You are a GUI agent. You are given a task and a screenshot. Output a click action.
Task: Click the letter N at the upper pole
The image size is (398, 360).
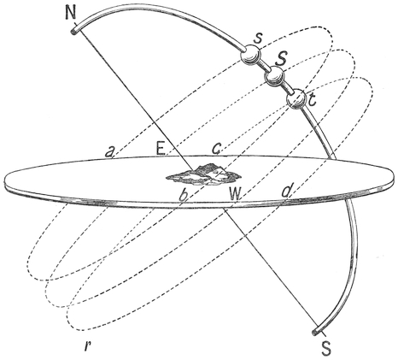tap(71, 12)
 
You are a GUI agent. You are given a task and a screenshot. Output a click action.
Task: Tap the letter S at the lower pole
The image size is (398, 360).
tap(326, 348)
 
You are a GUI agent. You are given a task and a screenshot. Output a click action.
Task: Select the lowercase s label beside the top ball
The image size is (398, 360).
tap(258, 38)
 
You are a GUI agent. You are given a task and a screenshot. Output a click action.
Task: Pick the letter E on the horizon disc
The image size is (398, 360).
tap(161, 149)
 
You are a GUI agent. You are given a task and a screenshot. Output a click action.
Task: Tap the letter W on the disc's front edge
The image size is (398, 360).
tap(235, 194)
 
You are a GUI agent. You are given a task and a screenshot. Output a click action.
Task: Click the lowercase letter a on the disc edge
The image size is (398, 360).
tap(109, 152)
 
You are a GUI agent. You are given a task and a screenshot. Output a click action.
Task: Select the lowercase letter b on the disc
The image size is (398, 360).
tap(184, 194)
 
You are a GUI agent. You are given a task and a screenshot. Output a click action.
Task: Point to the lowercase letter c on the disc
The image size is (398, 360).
tap(216, 149)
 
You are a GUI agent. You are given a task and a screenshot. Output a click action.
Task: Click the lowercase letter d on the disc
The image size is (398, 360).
tap(286, 191)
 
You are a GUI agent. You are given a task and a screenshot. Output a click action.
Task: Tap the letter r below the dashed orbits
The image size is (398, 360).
tap(87, 345)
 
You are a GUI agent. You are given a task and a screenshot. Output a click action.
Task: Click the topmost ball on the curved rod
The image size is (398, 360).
tap(250, 55)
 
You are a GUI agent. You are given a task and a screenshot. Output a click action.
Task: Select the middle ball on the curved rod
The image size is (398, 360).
tap(274, 76)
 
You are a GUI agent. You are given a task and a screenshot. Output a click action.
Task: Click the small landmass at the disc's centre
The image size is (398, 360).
tap(204, 174)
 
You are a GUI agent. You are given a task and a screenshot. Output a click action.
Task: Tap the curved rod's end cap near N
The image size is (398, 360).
tap(74, 30)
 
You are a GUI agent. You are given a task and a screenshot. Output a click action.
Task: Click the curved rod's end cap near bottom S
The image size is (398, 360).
tap(315, 332)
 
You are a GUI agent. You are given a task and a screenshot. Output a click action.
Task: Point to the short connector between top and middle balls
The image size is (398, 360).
tap(263, 66)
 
